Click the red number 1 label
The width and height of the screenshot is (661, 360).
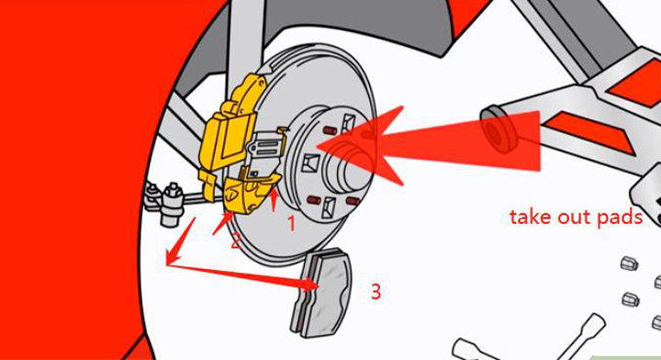pos(291,223)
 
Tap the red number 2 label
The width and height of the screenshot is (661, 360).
pos(236,241)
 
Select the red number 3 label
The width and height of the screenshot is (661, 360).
pos(375,291)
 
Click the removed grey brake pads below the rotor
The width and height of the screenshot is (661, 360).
pos(321,293)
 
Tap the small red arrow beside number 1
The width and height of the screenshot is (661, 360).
pos(274,200)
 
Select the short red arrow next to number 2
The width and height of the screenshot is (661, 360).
pos(222,223)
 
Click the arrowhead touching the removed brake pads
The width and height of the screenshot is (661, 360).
pos(310,285)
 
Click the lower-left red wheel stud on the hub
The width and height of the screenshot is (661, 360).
pos(315,200)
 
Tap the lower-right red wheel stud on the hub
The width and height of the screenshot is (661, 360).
pos(353,201)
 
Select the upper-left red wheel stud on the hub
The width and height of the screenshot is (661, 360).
pos(330,129)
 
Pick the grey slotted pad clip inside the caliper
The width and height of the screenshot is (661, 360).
pos(263,150)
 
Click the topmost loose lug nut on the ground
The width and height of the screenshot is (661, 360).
pos(630,264)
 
